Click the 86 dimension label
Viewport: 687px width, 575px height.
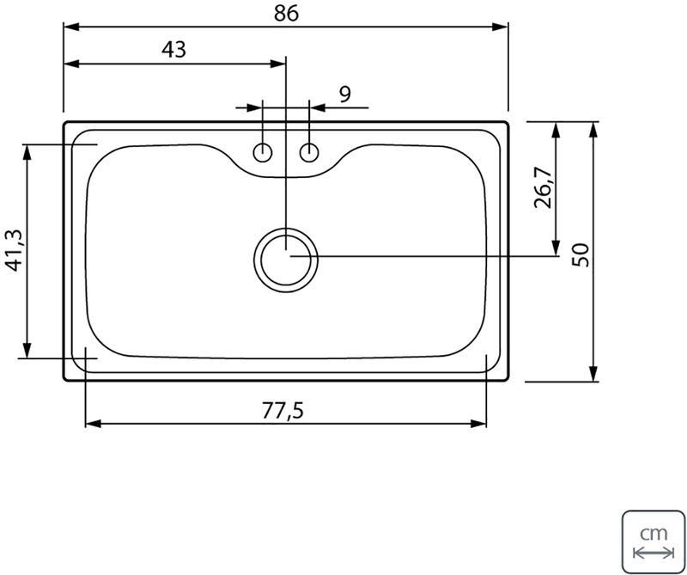coord(286,13)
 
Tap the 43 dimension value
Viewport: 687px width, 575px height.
coord(174,50)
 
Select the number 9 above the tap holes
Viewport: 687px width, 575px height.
coord(345,94)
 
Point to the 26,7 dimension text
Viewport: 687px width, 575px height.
coord(544,187)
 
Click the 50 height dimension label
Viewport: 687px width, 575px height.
coord(581,254)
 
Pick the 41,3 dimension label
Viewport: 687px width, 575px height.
coord(13,251)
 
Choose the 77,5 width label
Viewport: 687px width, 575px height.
coord(283,411)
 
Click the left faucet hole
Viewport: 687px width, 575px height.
coord(263,153)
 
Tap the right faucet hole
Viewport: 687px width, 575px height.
coord(309,153)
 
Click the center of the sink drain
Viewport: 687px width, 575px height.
coord(286,260)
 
